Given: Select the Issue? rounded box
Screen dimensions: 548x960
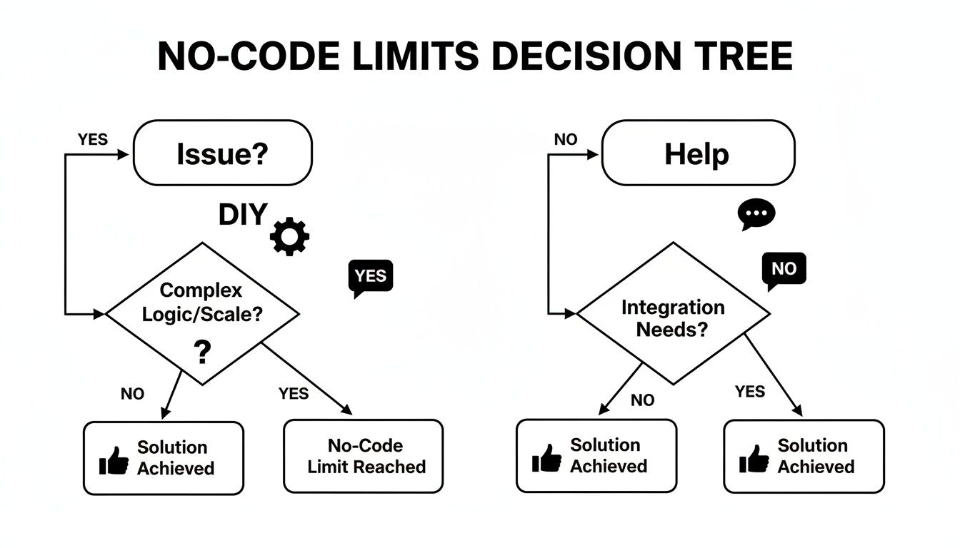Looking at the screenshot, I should [223, 153].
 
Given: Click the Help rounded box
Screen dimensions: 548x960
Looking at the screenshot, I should [698, 153].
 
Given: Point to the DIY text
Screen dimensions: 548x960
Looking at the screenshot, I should [243, 215].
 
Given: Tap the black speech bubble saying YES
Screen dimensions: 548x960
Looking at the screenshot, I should [370, 277].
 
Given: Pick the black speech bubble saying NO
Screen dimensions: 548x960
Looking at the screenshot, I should [784, 270].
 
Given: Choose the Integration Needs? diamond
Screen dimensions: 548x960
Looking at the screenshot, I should [673, 314].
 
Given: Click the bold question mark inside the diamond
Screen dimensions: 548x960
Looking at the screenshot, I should [202, 352].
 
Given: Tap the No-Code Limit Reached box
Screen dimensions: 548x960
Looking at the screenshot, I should [364, 457].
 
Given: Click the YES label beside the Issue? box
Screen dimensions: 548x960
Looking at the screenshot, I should [93, 140].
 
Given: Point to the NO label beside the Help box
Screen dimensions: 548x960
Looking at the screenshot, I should [565, 140].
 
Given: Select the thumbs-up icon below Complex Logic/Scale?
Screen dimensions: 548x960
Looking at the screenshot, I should [114, 460].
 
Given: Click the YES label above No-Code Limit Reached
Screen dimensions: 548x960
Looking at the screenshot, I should [293, 393].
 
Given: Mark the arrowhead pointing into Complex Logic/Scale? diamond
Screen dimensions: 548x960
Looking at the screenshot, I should [100, 313].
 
